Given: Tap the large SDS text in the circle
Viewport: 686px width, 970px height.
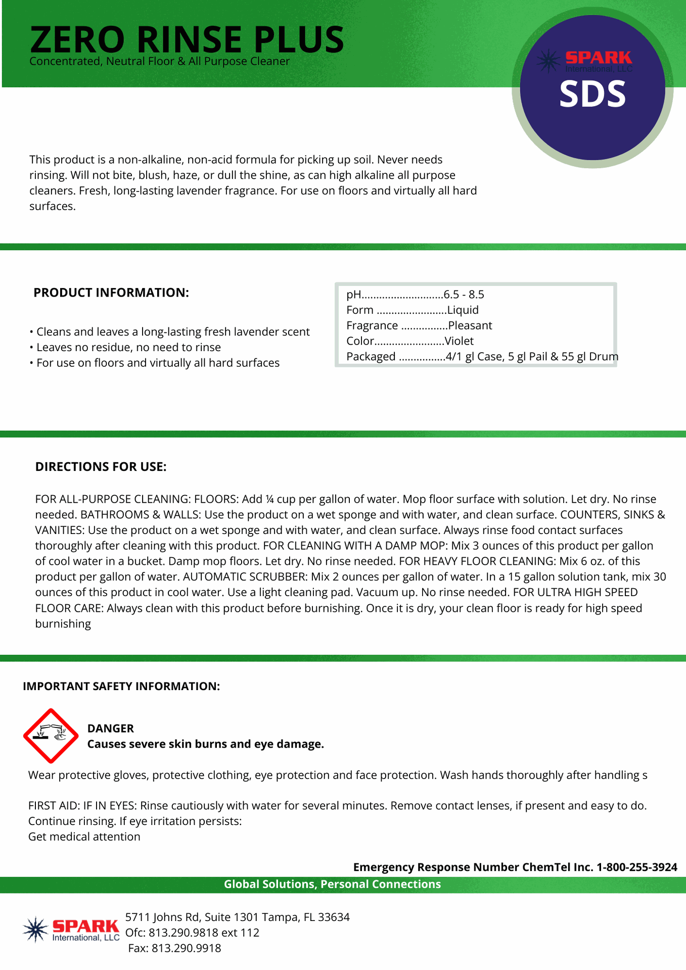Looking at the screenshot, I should coord(592,94).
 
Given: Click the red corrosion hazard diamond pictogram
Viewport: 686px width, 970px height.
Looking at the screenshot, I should coord(51,736).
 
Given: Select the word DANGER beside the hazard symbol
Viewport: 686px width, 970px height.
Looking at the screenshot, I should coord(111,728).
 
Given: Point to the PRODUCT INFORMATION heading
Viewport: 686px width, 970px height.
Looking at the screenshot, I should coord(111,293).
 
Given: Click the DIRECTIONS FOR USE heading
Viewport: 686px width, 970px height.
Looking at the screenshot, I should coord(101,466).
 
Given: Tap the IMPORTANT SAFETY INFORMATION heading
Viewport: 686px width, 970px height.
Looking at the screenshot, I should coord(121,686).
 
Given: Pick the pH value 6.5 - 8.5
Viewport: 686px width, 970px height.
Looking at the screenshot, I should coord(464,295).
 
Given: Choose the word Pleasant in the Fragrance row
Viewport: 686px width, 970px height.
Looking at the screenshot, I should coord(470,325).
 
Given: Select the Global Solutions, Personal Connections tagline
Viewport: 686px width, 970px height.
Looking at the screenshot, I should coord(332,884).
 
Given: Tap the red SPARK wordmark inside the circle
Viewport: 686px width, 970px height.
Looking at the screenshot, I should coord(599,58).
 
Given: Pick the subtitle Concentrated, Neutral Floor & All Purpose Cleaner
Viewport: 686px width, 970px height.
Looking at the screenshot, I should coord(160,62).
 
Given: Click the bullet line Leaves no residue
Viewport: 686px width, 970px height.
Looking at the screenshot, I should coord(128,347).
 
